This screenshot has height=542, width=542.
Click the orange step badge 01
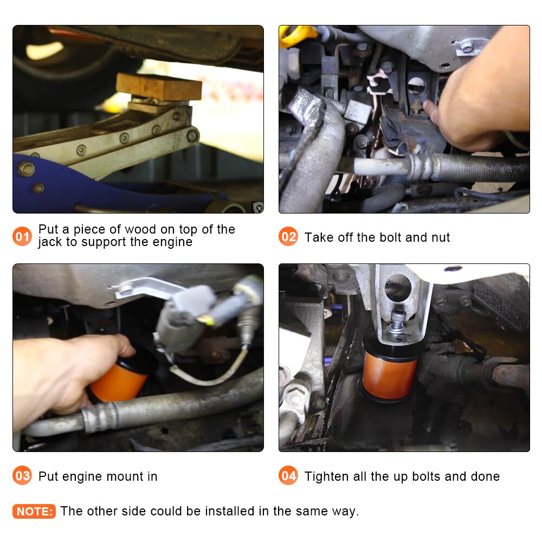22,236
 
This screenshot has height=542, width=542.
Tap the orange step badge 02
288,236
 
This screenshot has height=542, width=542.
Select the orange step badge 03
22,475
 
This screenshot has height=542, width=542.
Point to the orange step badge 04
288,475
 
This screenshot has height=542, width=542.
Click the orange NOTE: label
34,511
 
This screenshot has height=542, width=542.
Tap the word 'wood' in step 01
140,229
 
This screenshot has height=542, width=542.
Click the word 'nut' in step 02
440,237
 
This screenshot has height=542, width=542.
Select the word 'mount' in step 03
125,476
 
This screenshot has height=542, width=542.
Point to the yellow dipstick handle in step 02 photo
296,35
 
